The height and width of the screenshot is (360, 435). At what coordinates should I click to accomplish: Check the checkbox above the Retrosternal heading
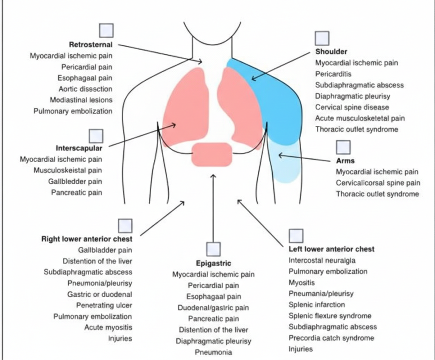coord(106,31)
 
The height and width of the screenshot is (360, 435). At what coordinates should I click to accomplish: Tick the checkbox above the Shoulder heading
coord(322,38)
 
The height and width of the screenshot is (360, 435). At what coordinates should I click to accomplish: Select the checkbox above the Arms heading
coord(343,147)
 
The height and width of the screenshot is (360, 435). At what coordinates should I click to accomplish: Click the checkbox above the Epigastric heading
coord(213,249)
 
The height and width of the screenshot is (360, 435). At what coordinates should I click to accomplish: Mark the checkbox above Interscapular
coord(96,136)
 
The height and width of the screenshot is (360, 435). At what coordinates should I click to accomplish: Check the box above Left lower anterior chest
coord(296,236)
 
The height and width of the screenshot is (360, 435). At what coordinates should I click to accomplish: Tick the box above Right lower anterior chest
coord(125,226)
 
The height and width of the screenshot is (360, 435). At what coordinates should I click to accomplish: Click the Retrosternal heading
coord(90,44)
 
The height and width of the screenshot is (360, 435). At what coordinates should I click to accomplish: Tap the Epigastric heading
coord(213,263)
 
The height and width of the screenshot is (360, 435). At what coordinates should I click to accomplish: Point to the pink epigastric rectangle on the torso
coord(212,155)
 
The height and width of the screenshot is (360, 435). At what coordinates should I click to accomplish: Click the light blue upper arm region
coord(285,163)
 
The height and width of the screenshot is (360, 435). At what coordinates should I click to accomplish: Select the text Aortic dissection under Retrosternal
coord(85,89)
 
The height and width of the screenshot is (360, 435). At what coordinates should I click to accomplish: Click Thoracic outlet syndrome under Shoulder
coord(356,129)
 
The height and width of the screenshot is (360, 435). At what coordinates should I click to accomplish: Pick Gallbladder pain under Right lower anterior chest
coord(105,250)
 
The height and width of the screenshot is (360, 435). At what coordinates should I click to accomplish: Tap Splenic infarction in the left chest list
coord(316,304)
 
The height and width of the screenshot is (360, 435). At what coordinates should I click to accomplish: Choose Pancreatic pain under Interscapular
coord(76,192)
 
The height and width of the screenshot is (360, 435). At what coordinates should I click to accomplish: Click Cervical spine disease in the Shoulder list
coord(352,107)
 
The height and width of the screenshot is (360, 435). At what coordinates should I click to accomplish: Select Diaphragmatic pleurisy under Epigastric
coord(213,341)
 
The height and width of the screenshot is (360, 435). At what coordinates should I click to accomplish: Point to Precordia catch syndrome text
coord(331,338)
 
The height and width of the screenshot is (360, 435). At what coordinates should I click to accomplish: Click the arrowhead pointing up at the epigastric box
coord(213,176)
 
